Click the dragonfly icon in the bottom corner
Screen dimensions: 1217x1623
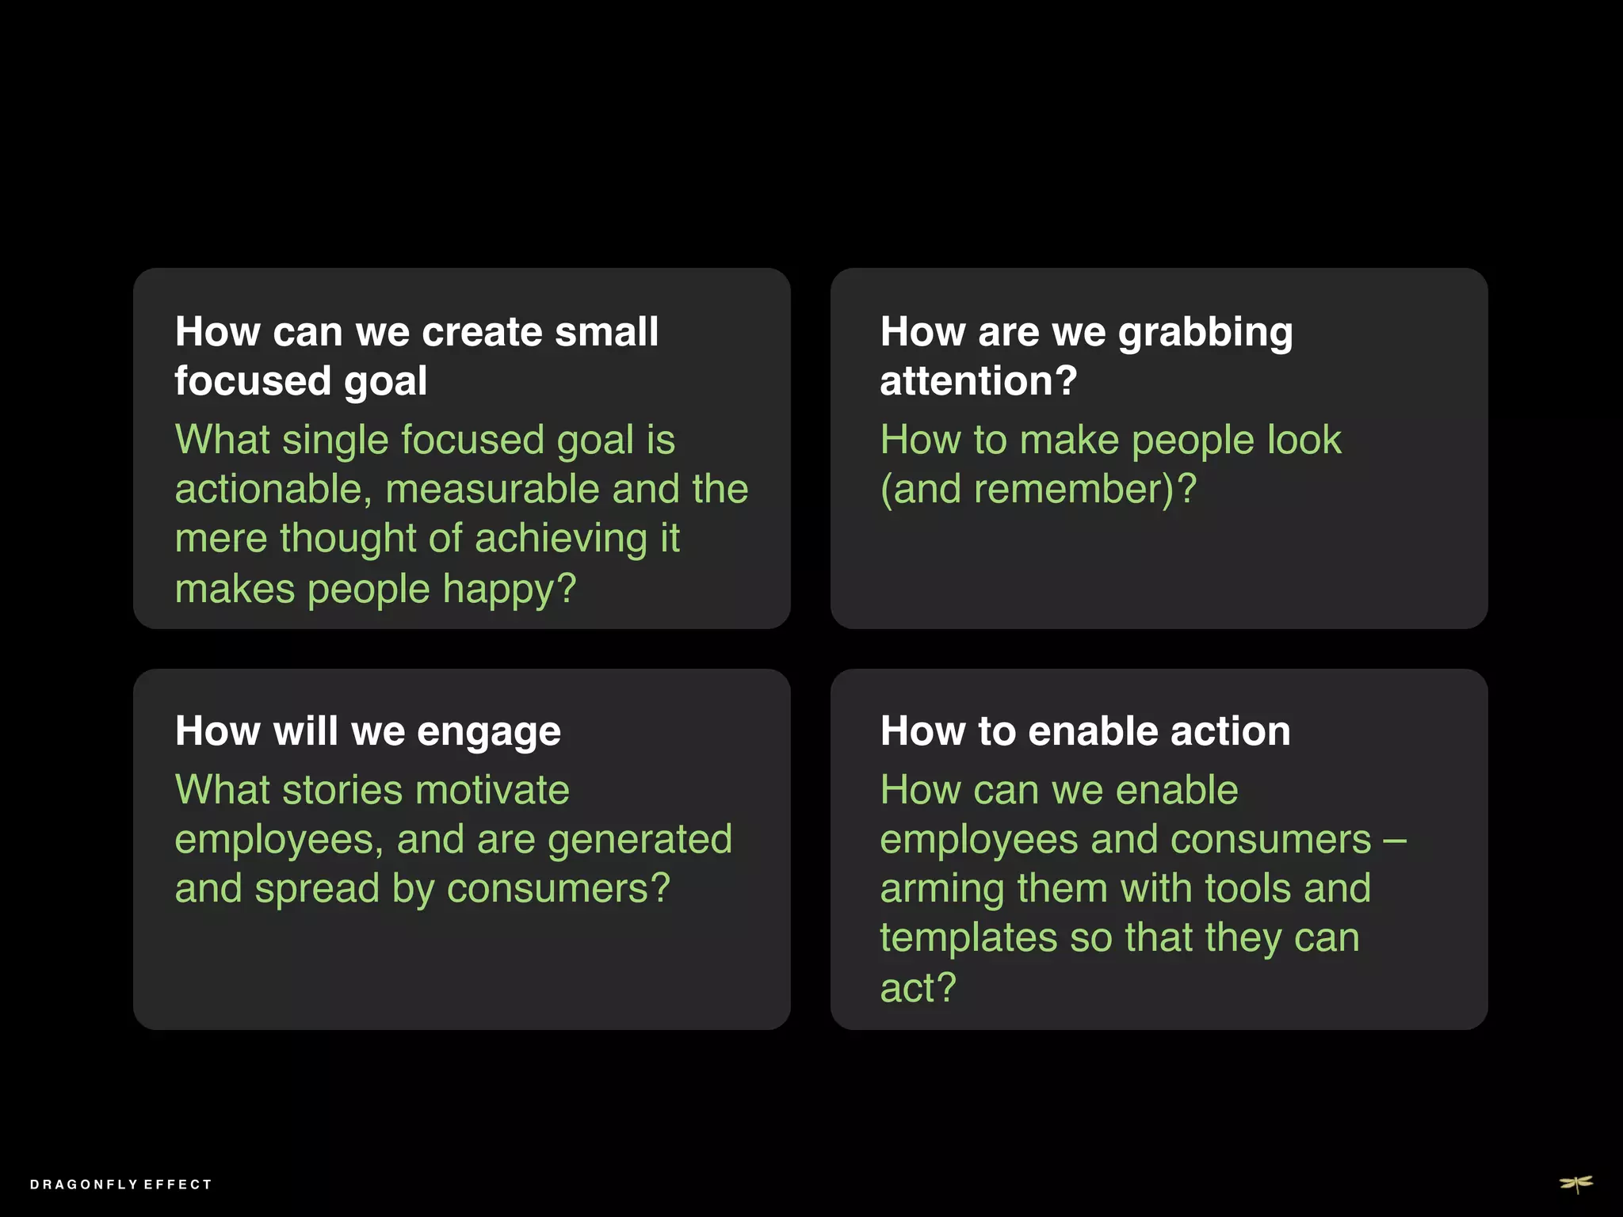[1576, 1184]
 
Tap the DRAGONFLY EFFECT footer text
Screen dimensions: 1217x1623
[121, 1185]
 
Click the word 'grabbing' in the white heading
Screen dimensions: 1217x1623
[1205, 333]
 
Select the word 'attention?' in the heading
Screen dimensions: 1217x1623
[978, 381]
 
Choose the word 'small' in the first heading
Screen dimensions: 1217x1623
[606, 331]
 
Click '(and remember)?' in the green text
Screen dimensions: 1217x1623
[1038, 489]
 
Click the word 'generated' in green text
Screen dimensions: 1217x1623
[640, 839]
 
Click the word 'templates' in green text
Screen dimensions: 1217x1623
[968, 938]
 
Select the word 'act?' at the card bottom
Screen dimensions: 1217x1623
[918, 988]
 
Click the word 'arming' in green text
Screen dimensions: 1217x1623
[942, 889]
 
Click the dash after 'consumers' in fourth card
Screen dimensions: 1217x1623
[1395, 840]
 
